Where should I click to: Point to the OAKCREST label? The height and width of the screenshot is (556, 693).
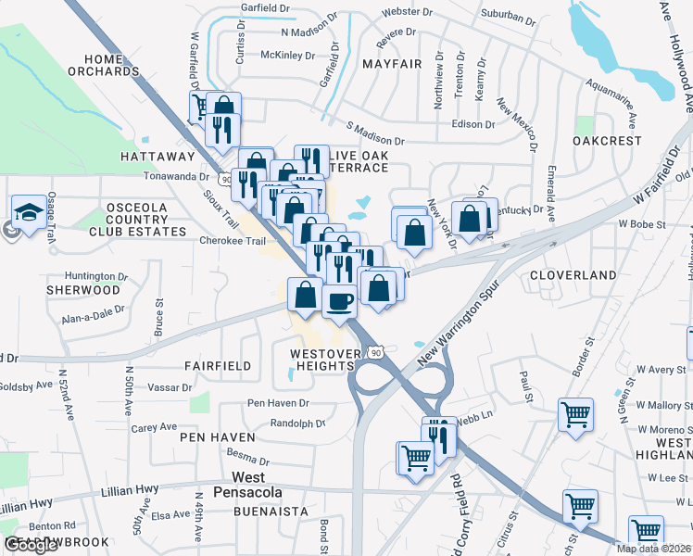click(607, 141)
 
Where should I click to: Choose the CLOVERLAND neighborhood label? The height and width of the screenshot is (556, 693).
click(573, 275)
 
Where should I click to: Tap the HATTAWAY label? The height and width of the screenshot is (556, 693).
click(157, 158)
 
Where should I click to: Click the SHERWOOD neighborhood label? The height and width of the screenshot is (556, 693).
click(82, 290)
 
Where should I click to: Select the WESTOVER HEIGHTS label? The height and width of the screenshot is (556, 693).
click(321, 360)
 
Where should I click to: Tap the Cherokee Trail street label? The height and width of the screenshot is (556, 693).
click(233, 240)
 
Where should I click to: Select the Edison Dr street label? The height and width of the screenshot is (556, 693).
click(473, 124)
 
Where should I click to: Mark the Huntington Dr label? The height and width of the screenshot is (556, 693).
click(94, 275)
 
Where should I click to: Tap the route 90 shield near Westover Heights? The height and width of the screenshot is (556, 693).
click(374, 352)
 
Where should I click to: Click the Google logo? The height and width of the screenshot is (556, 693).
click(31, 546)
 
